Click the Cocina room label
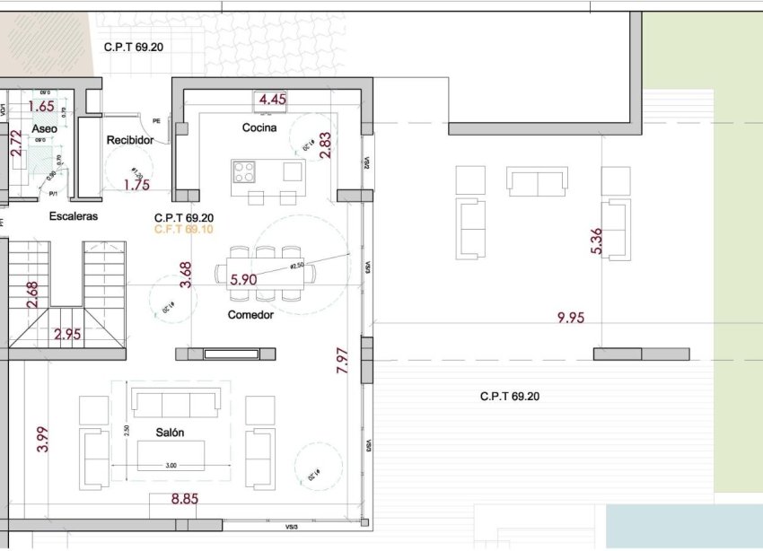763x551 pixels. pos(259,127)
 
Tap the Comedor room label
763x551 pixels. pos(250,315)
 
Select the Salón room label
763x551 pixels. pos(170,433)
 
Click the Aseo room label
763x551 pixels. pos(45,129)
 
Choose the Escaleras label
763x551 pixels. pos(74,216)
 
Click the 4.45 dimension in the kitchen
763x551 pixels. pos(272,100)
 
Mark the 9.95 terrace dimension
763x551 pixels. pos(571,317)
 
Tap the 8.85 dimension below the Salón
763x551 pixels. pos(185,499)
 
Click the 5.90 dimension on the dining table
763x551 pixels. pos(244,279)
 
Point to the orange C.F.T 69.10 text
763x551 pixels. pos(184,230)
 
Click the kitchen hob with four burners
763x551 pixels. pos(244,171)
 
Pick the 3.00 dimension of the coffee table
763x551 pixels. pos(171,466)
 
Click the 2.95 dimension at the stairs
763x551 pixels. pos(67,335)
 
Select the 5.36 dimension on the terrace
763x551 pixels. pos(597,240)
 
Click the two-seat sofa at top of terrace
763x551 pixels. pos(537,181)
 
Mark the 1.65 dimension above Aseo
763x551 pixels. pos(41,106)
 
